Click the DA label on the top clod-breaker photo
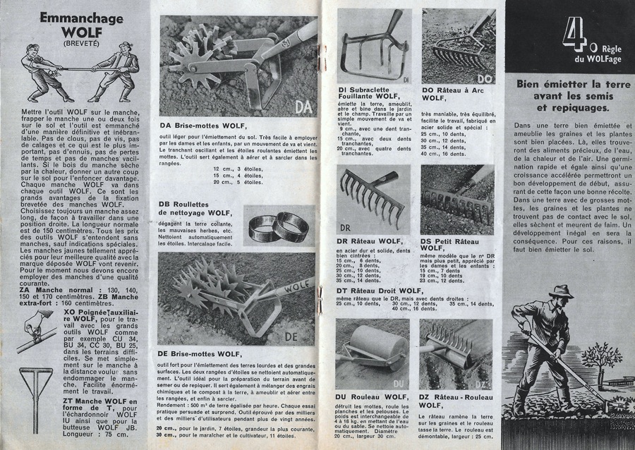pos(302,107)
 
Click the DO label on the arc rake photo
pos(485,78)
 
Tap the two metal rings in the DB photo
pos(277,226)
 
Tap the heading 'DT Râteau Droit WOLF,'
pos(385,288)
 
